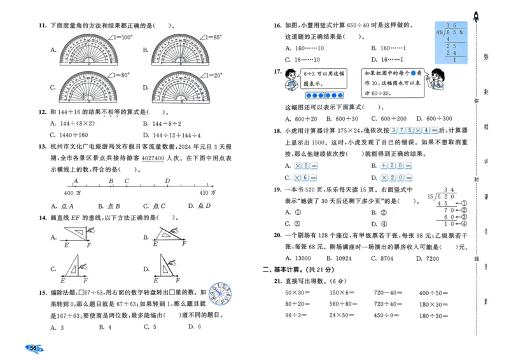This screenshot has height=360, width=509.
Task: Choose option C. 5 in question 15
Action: point(150,327)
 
